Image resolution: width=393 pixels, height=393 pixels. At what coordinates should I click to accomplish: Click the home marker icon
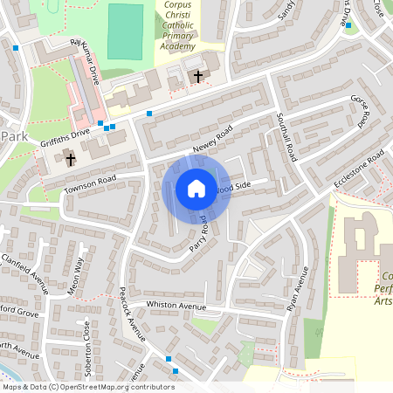pos(196,188)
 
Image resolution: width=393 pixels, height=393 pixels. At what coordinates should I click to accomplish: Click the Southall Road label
pos(289,138)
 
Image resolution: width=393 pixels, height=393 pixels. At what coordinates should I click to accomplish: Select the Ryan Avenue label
pos(299,289)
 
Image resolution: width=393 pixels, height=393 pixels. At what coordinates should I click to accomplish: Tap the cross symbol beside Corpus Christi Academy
pos(198,77)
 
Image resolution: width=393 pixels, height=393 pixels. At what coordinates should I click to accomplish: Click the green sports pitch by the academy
pos(125,31)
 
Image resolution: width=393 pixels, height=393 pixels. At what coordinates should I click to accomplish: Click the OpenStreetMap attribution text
pos(88,387)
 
